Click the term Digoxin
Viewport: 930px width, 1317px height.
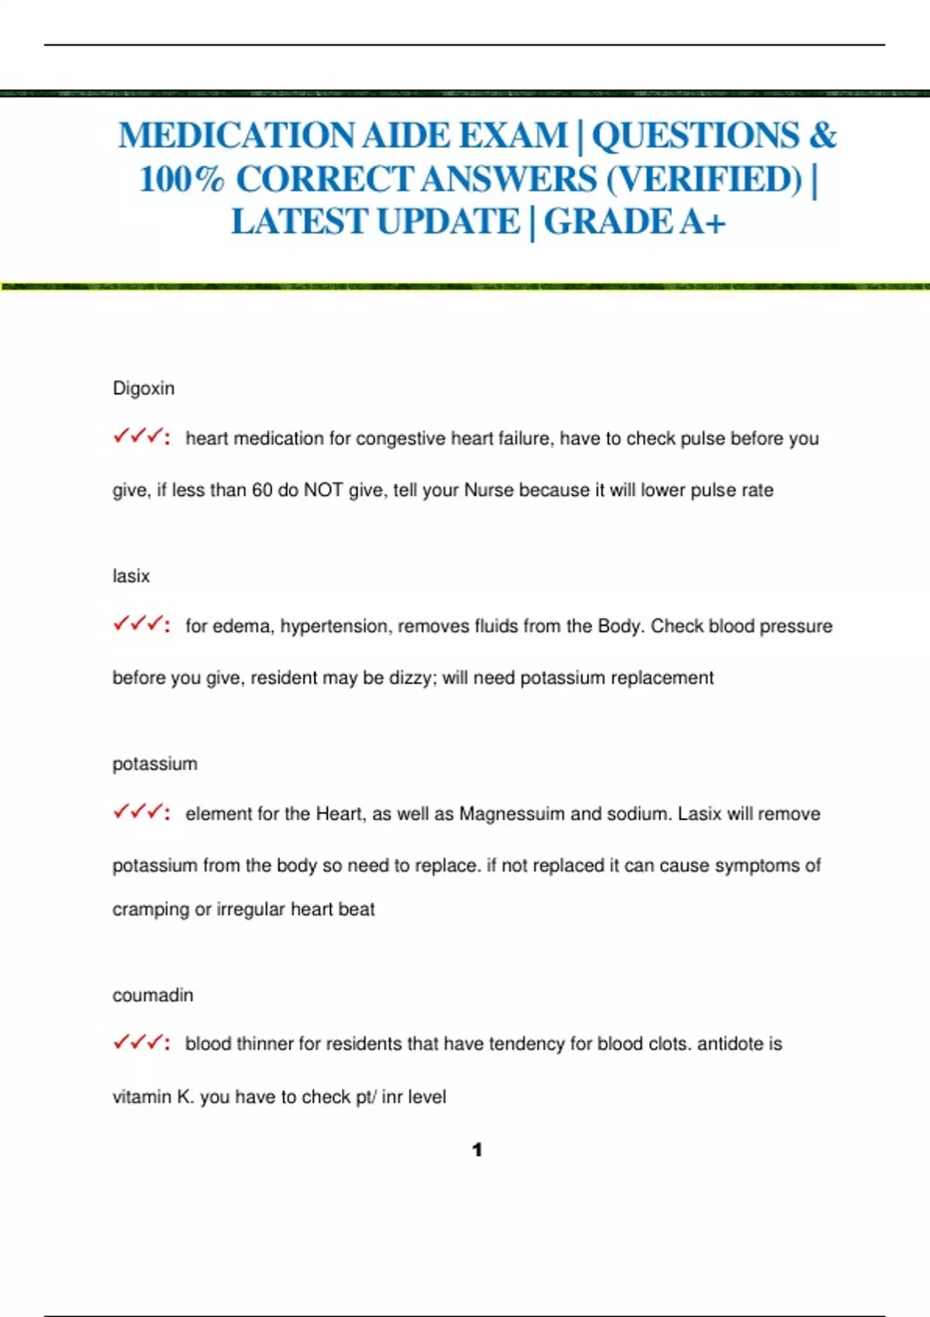pyautogui.click(x=143, y=388)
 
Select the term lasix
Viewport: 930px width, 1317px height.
pyautogui.click(x=131, y=576)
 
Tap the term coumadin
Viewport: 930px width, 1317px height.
pyautogui.click(x=153, y=995)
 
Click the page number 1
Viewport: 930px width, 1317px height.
pyautogui.click(x=477, y=1150)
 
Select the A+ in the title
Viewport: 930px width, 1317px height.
pyautogui.click(x=703, y=222)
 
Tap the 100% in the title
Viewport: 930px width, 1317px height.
pyautogui.click(x=181, y=180)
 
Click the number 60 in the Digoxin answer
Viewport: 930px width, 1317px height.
pyautogui.click(x=262, y=490)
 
